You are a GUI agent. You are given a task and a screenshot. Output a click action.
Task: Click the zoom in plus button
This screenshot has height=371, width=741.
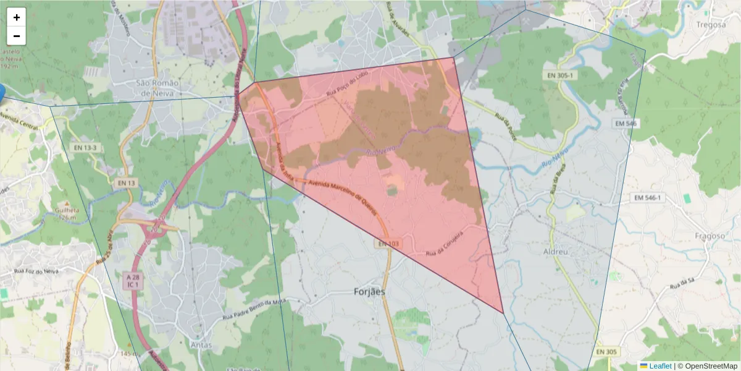click(x=17, y=17)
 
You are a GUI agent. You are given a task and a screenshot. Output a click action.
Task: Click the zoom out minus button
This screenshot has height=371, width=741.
click(x=17, y=36)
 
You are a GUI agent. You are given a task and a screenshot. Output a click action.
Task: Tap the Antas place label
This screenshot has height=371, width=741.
click(x=202, y=345)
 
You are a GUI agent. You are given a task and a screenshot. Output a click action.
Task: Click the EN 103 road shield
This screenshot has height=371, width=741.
click(x=388, y=244)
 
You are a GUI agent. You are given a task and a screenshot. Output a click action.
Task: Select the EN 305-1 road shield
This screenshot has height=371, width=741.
click(x=559, y=75)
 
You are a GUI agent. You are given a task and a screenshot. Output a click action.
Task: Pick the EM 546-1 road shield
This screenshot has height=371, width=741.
click(x=647, y=198)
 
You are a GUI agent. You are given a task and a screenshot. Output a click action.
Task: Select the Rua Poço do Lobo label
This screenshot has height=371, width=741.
click(x=351, y=87)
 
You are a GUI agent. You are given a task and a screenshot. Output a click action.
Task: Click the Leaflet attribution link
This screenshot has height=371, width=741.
click(x=655, y=366)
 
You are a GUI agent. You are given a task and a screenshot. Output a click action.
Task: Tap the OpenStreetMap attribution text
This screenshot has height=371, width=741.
click(x=707, y=366)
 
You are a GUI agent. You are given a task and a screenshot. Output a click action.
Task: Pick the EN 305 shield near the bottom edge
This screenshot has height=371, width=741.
click(x=607, y=352)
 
